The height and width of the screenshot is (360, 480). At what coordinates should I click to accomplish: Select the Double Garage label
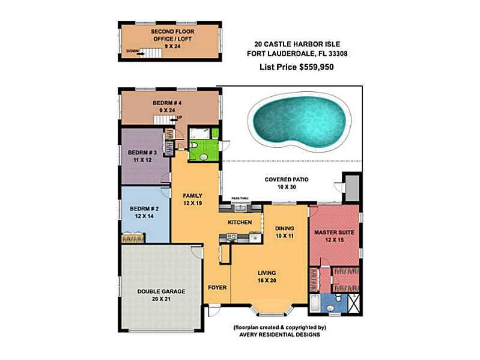tap(161, 295)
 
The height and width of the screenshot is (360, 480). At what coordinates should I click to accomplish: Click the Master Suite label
tap(334, 236)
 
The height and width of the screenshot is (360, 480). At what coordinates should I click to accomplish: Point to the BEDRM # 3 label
tap(142, 156)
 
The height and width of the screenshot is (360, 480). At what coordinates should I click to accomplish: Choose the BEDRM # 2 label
tap(144, 212)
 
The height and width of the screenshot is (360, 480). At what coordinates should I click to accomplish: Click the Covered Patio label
tap(287, 183)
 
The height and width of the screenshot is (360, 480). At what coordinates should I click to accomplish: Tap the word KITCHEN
tap(240, 222)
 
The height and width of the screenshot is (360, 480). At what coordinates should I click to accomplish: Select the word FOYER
tap(217, 287)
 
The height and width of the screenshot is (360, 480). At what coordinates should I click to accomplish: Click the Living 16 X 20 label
tap(267, 276)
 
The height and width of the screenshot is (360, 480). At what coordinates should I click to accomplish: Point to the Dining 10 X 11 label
tap(284, 232)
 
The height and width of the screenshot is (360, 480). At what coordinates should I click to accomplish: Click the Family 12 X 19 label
tap(193, 200)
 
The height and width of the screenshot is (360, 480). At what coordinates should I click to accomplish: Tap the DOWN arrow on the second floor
tap(141, 54)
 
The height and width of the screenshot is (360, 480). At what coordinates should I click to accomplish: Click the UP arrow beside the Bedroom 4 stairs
tap(173, 120)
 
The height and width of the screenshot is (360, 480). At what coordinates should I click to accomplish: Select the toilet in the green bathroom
tap(193, 145)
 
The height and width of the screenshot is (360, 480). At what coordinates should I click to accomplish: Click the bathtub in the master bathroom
tap(315, 303)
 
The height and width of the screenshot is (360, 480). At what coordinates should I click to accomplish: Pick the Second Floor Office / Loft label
tap(172, 39)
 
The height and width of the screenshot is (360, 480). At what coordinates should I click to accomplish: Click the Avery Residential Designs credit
tap(279, 335)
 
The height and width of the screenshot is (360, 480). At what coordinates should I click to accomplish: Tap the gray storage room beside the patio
tap(353, 188)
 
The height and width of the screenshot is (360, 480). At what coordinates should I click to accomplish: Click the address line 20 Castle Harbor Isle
tap(297, 44)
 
